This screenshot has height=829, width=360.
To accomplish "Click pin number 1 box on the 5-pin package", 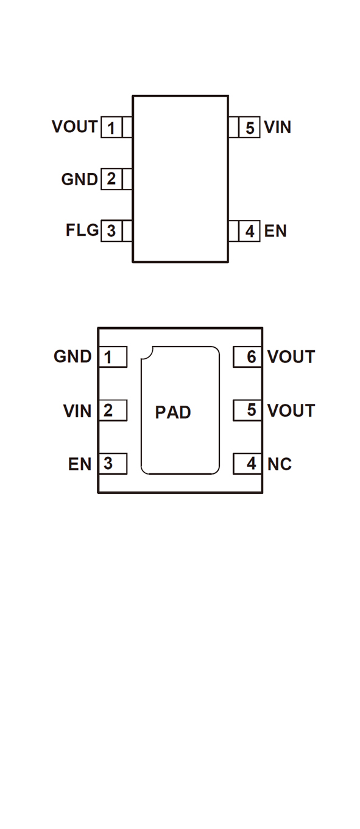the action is click(111, 127).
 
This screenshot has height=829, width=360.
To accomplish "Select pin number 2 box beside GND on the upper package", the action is click(111, 179).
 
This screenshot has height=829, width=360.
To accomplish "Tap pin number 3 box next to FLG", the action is click(111, 231).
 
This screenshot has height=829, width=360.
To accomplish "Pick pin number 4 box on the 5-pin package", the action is click(249, 231).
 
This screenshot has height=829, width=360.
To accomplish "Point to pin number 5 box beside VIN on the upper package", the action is click(249, 127).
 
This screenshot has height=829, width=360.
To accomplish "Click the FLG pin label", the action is click(82, 230).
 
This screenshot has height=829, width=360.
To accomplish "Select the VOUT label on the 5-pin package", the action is click(74, 127).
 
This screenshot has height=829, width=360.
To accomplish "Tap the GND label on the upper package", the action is click(79, 179).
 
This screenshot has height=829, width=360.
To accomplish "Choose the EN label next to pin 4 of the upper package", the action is click(275, 231).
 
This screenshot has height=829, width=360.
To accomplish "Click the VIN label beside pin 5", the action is click(278, 127).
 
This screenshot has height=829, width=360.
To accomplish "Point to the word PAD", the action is click(173, 412).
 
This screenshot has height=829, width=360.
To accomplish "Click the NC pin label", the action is click(280, 464).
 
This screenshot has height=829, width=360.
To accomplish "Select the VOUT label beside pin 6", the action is click(291, 357).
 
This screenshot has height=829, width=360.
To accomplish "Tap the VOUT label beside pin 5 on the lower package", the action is click(291, 411).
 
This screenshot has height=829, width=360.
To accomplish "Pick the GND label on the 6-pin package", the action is click(72, 356).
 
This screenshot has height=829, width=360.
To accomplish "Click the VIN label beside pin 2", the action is click(77, 411).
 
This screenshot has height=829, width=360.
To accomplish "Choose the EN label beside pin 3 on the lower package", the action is click(80, 464).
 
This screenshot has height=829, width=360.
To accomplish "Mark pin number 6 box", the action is click(247, 357).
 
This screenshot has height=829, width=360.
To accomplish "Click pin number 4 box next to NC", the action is click(247, 464).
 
